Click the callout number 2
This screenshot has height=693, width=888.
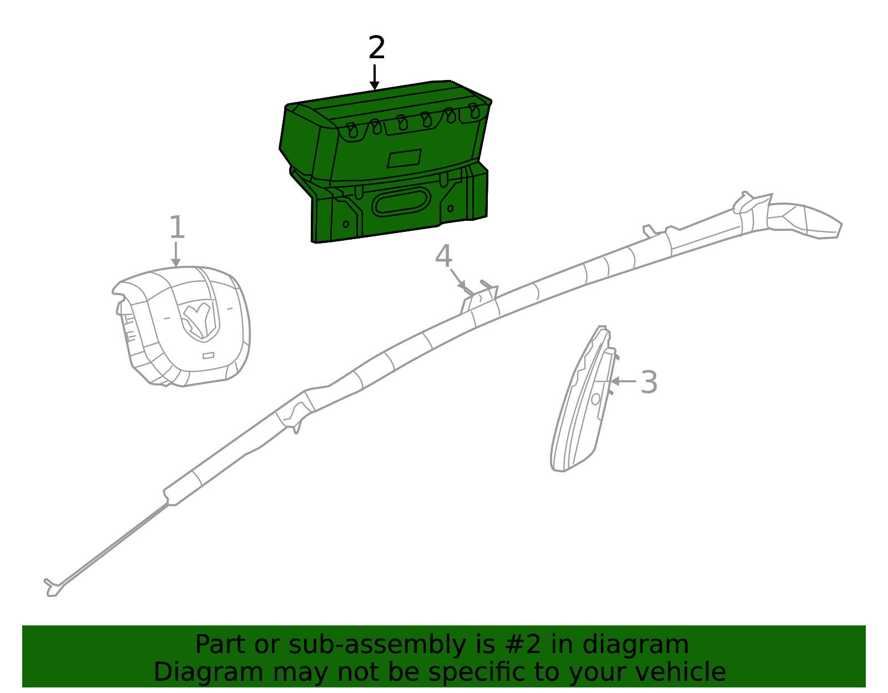(376, 47)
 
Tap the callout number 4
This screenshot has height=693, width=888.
(443, 256)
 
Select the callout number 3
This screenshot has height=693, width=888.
(649, 382)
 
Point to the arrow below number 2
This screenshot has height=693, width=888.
(374, 77)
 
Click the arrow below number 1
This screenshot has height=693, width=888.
(176, 255)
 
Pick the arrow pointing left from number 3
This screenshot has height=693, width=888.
(623, 381)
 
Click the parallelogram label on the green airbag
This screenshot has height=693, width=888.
(404, 159)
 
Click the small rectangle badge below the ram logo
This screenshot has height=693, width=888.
(209, 356)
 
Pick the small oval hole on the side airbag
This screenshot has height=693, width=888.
(596, 399)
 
